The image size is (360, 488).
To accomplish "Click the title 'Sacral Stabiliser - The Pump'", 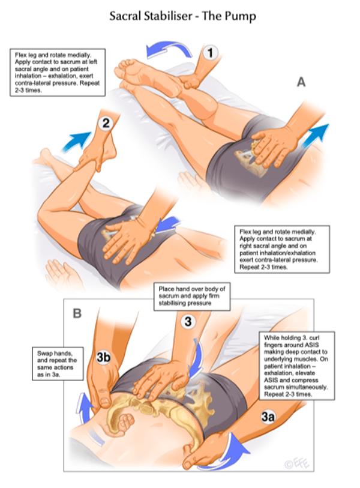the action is (x=182, y=16).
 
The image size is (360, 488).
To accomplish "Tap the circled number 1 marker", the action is (x=210, y=53).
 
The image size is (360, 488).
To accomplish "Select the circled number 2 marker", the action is (x=106, y=123).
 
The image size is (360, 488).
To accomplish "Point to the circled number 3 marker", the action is (x=188, y=321).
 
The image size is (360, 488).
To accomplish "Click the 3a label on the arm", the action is (x=268, y=417).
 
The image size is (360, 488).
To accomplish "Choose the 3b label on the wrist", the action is (x=103, y=357).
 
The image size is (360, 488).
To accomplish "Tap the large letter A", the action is (x=301, y=82).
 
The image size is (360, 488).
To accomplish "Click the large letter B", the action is (x=77, y=313).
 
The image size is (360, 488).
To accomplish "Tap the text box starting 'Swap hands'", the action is (x=58, y=364).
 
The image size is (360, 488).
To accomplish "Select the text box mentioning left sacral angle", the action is (x=58, y=72).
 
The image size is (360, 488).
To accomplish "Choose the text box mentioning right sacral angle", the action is (x=282, y=249).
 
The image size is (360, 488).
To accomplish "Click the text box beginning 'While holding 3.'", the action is (x=297, y=366).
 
